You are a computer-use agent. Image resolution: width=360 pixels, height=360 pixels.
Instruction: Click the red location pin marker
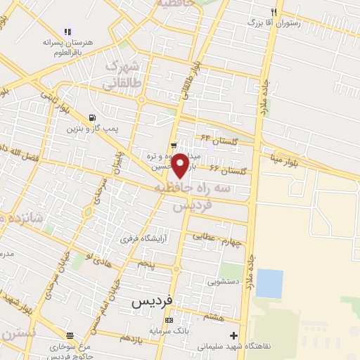click(181, 165)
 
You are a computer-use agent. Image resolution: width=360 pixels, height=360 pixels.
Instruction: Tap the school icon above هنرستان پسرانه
click(67, 31)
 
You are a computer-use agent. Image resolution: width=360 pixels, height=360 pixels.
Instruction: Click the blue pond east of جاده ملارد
click(269, 283)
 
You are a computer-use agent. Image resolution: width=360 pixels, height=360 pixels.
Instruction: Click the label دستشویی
click(223, 281)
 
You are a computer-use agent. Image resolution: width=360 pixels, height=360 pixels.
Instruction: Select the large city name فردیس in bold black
click(152, 301)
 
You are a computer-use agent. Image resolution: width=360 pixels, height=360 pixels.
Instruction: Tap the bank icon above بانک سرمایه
click(168, 320)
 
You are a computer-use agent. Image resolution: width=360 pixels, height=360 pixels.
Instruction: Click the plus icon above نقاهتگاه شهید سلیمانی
click(233, 335)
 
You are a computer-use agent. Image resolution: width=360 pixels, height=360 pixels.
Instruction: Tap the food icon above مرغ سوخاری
click(68, 335)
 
